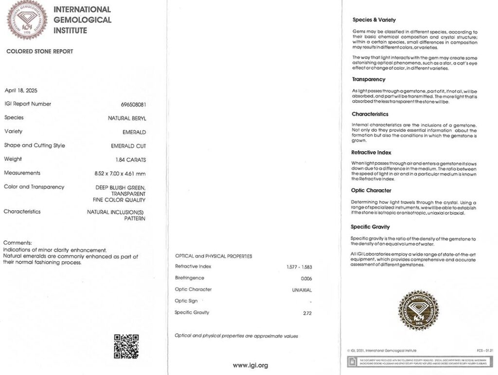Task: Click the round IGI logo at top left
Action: pyautogui.click(x=27, y=20)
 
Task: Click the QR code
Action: pyautogui.click(x=126, y=346)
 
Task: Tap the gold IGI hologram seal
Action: pyautogui.click(x=418, y=310)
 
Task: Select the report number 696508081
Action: pyautogui.click(x=133, y=105)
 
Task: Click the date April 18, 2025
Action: pyautogui.click(x=21, y=90)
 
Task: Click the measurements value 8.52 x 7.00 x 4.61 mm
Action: pyautogui.click(x=120, y=174)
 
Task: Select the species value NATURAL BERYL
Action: pyautogui.click(x=127, y=118)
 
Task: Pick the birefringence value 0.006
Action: pyautogui.click(x=306, y=278)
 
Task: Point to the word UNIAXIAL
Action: pyautogui.click(x=300, y=290)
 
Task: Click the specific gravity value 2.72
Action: pyautogui.click(x=306, y=313)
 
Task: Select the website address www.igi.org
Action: pyautogui.click(x=250, y=365)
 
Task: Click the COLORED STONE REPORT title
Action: pyautogui.click(x=40, y=52)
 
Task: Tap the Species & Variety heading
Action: pyautogui.click(x=374, y=20)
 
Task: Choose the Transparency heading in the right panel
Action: pyautogui.click(x=369, y=79)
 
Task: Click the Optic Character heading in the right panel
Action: pyautogui.click(x=371, y=190)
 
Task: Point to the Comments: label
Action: pyautogui.click(x=18, y=243)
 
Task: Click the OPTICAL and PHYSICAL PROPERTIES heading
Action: pyautogui.click(x=213, y=256)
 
